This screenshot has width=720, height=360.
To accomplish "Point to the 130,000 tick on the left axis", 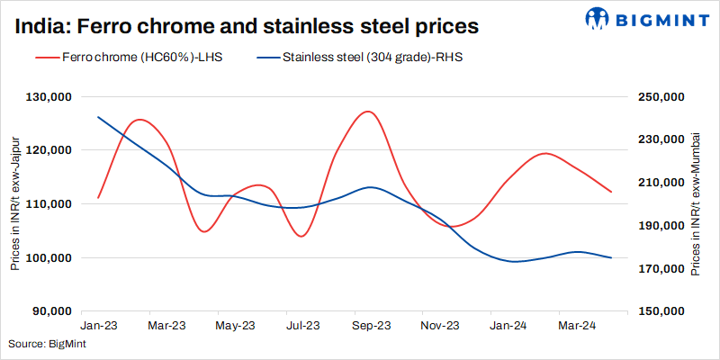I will (52, 96).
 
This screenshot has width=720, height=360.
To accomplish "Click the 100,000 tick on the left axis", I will (52, 258).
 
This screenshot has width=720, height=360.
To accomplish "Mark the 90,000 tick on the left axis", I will (55, 311).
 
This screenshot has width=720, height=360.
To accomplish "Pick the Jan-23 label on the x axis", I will (98, 325).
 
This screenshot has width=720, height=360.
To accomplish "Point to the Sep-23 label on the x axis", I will (371, 325).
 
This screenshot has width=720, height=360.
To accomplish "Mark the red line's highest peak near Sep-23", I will (366, 112).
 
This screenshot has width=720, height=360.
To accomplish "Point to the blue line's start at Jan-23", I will (98, 117).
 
